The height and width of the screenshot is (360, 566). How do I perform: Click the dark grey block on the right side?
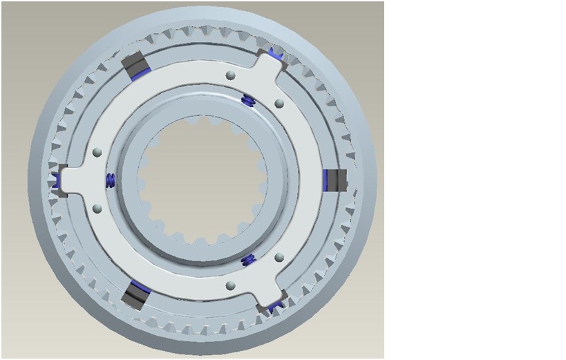(337, 180)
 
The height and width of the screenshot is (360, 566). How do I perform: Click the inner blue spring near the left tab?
(109, 180)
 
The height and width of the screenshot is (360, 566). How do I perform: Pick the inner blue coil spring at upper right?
(249, 102)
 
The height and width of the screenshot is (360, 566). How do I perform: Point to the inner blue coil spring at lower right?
(249, 260)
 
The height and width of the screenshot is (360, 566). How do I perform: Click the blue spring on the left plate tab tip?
(57, 180)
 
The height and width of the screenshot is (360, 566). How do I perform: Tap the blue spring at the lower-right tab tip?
(275, 304)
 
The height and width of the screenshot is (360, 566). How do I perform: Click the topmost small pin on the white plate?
(231, 75)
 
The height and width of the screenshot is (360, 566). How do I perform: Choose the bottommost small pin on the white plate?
(231, 285)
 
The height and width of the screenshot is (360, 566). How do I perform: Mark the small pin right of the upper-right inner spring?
(279, 103)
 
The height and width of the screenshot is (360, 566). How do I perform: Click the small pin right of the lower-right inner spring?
(279, 257)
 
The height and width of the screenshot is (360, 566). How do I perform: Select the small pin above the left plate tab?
(97, 151)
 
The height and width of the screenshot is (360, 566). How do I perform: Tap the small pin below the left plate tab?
(97, 208)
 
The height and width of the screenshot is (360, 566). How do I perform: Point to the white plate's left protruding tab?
(73, 180)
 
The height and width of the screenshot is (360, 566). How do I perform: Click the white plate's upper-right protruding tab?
(266, 66)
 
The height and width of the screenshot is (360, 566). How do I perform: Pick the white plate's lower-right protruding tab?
(266, 294)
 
